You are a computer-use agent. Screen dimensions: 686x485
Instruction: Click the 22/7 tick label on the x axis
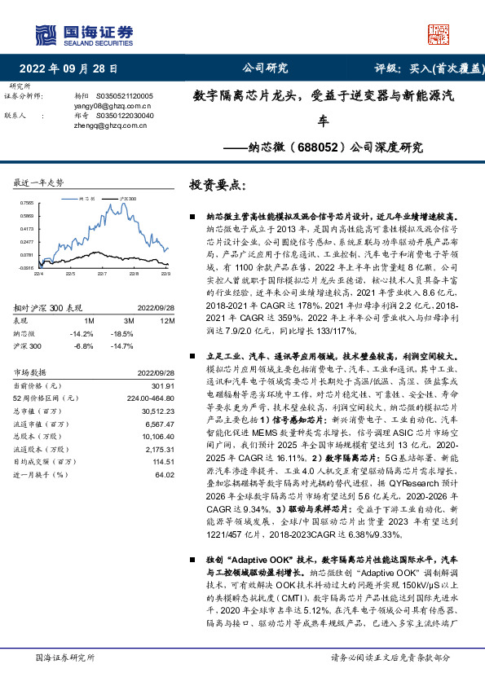[102, 274]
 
